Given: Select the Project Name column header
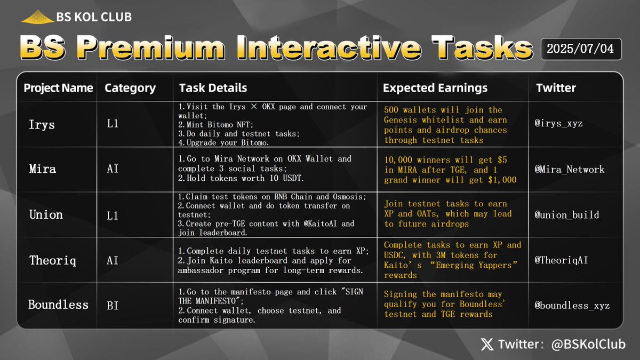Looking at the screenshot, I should [58, 88].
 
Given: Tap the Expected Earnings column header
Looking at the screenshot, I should [435, 88].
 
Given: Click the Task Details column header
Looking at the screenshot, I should [213, 88].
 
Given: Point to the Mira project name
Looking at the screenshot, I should [43, 170].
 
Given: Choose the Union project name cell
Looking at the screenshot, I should [46, 214].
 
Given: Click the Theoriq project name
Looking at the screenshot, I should [52, 260].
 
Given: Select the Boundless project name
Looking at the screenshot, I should [58, 305].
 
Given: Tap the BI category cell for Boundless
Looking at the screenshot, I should [113, 305].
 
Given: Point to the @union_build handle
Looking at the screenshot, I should [567, 215].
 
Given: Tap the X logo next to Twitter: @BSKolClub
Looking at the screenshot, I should [487, 345].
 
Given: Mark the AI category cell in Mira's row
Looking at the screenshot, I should [113, 170].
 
